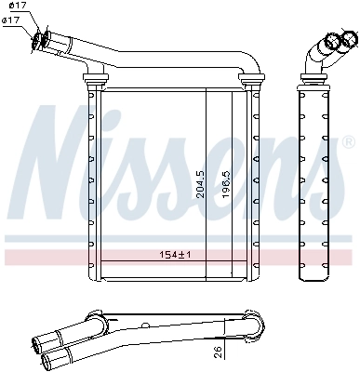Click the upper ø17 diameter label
(x=17, y=7)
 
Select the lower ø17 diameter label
(x=17, y=21)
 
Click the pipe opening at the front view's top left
(x=41, y=38)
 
